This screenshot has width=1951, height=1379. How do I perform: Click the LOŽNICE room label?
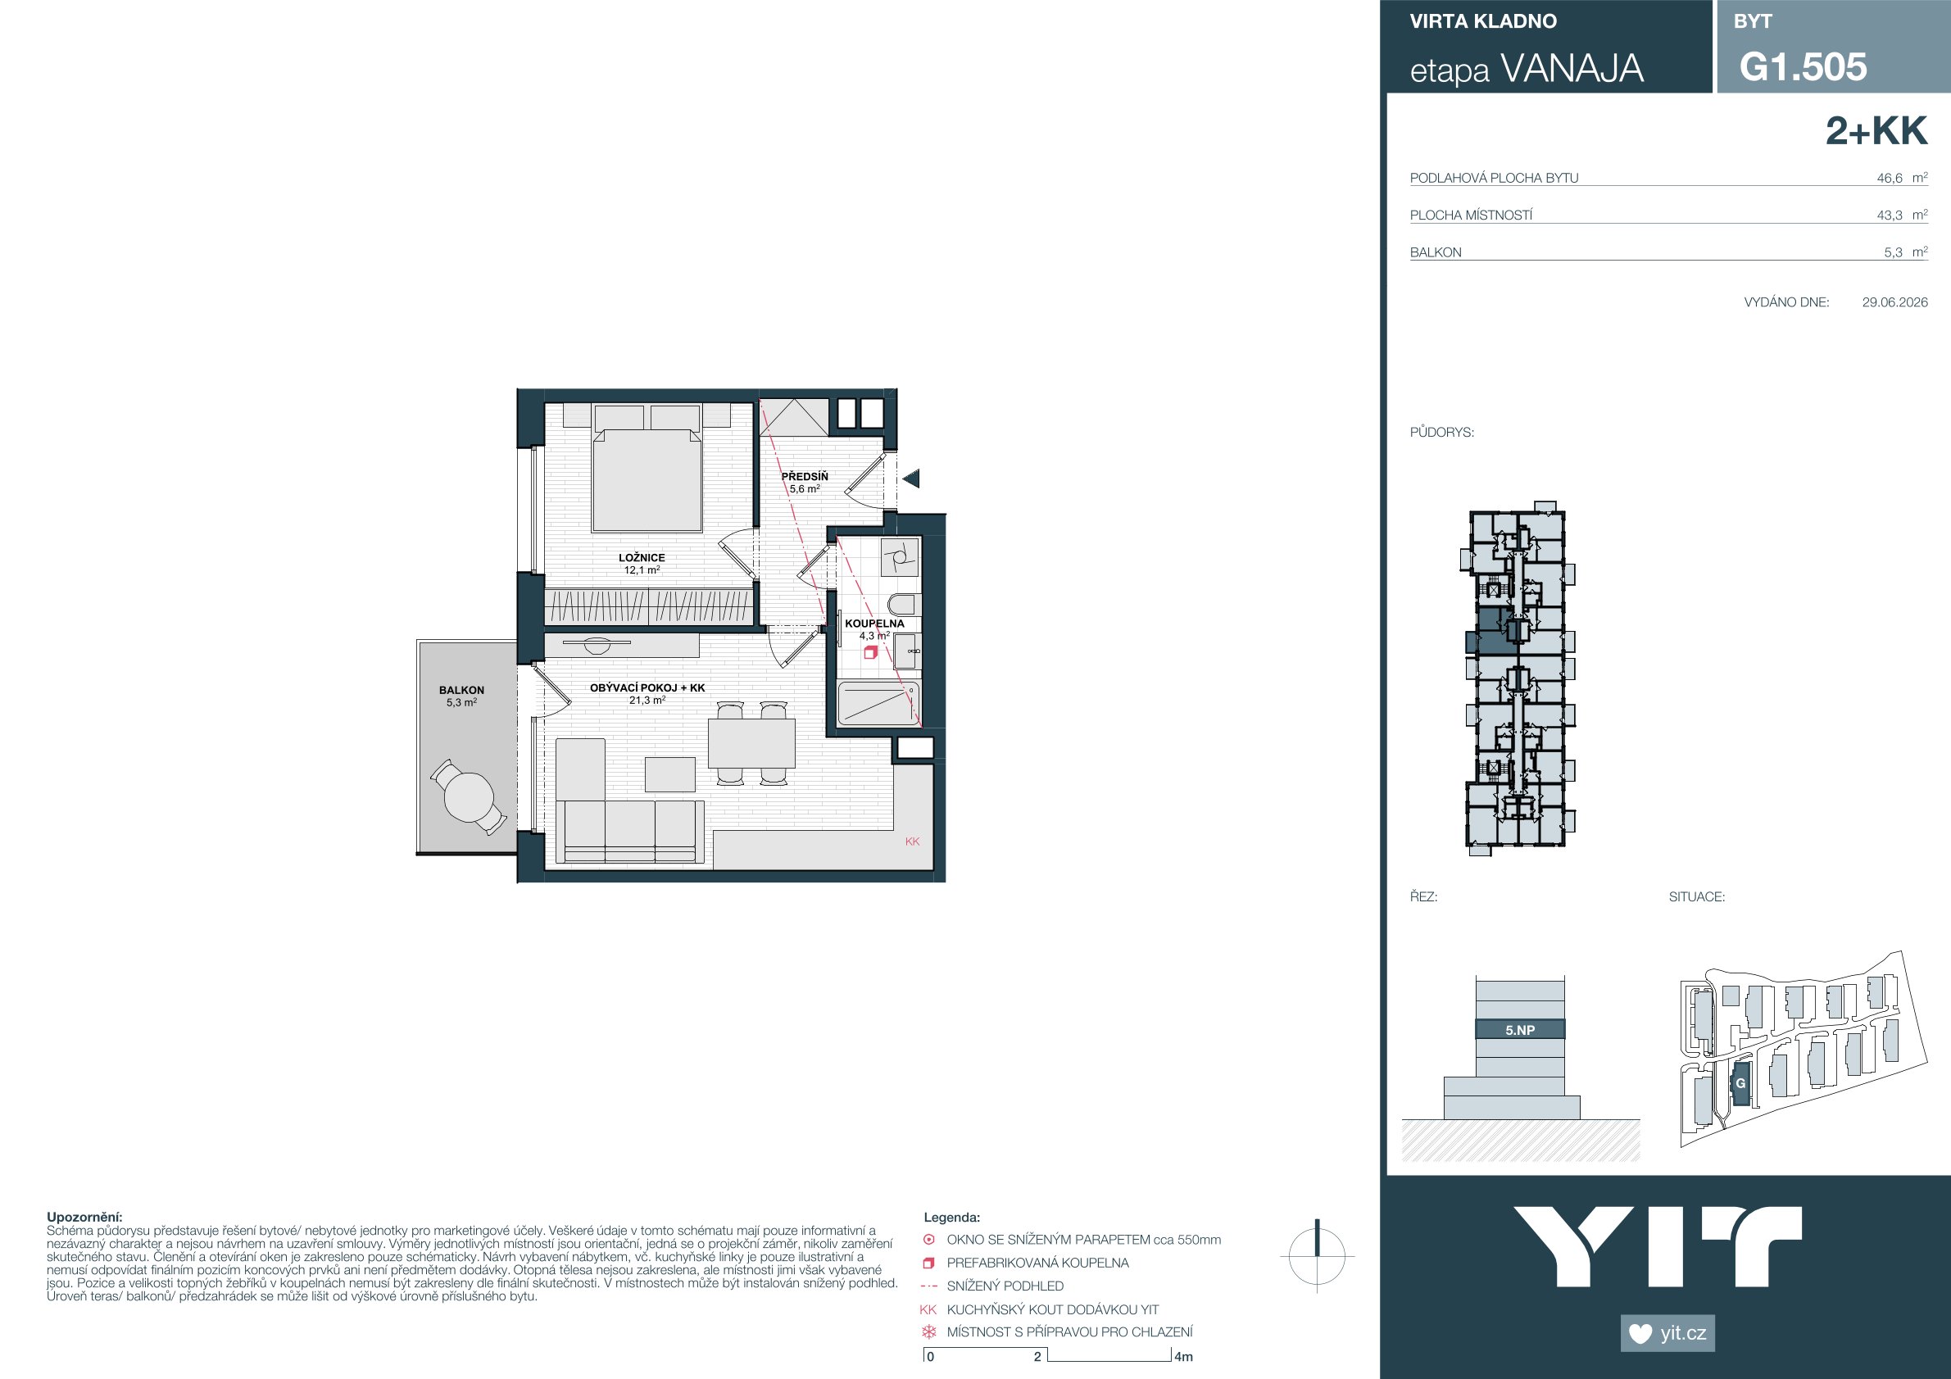(642, 558)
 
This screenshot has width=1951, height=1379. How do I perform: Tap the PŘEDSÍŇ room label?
(805, 477)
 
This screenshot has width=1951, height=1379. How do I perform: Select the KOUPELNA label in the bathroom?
(874, 624)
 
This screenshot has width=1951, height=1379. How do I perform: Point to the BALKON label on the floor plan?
(461, 690)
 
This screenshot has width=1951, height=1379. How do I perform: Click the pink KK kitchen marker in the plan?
(913, 841)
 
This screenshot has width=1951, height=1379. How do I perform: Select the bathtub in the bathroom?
(878, 703)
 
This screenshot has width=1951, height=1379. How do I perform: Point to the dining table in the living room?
(752, 743)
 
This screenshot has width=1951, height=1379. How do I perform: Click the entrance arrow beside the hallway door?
(911, 479)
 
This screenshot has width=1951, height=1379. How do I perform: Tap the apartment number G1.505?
(1804, 66)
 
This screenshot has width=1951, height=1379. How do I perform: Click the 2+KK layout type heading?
(1876, 132)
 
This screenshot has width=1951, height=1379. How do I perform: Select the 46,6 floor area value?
(1890, 179)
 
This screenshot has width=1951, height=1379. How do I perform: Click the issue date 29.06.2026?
(1895, 302)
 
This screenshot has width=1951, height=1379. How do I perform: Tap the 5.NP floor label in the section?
(1520, 1030)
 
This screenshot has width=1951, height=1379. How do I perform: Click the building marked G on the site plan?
(1740, 1083)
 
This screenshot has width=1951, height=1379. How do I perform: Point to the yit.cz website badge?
(1668, 1332)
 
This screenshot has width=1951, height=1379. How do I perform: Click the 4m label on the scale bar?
(1184, 1357)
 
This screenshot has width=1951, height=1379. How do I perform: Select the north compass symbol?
(1317, 1255)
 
